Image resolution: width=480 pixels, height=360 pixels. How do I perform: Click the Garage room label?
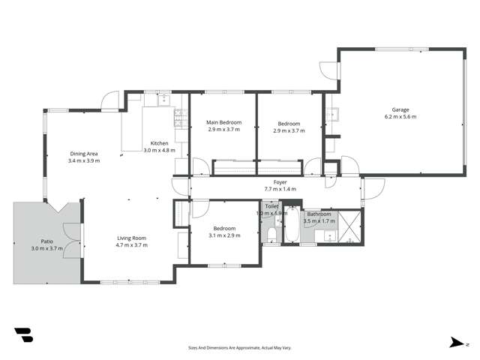coord(400,109)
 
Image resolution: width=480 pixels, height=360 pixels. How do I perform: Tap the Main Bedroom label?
coord(223,123)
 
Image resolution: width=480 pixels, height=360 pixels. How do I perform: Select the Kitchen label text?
coord(159,143)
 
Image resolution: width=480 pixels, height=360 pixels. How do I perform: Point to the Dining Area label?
coord(83,154)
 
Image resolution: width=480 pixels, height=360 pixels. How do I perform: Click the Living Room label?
coord(131,238)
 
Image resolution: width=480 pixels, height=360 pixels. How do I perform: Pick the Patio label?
coord(46,241)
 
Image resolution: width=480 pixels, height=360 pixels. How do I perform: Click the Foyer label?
coord(280,182)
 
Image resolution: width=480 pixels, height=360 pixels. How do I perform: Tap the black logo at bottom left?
coord(23,334)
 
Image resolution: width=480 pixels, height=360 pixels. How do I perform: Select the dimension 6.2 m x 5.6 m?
coord(400,117)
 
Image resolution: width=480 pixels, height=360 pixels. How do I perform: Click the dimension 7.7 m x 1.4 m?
coord(280,190)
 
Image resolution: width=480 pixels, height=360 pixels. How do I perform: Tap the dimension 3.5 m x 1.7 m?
coord(319,221)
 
